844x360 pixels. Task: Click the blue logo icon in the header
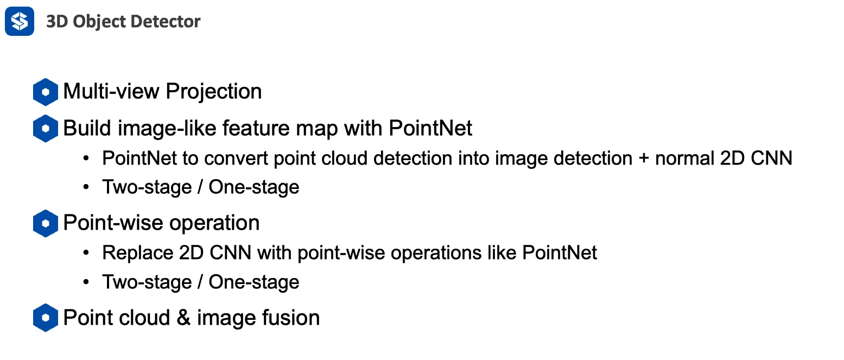pyautogui.click(x=20, y=21)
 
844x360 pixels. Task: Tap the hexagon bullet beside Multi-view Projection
pyautogui.click(x=46, y=92)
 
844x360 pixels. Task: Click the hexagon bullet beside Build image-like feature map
pyautogui.click(x=46, y=129)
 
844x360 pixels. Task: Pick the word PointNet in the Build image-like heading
pyautogui.click(x=431, y=129)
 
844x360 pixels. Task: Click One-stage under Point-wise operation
pyautogui.click(x=254, y=282)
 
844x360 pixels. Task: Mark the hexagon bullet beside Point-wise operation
pyautogui.click(x=46, y=224)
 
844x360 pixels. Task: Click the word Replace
pyautogui.click(x=137, y=253)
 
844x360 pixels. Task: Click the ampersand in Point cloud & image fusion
pyautogui.click(x=183, y=318)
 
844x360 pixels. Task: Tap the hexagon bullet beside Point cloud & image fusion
pyautogui.click(x=46, y=318)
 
